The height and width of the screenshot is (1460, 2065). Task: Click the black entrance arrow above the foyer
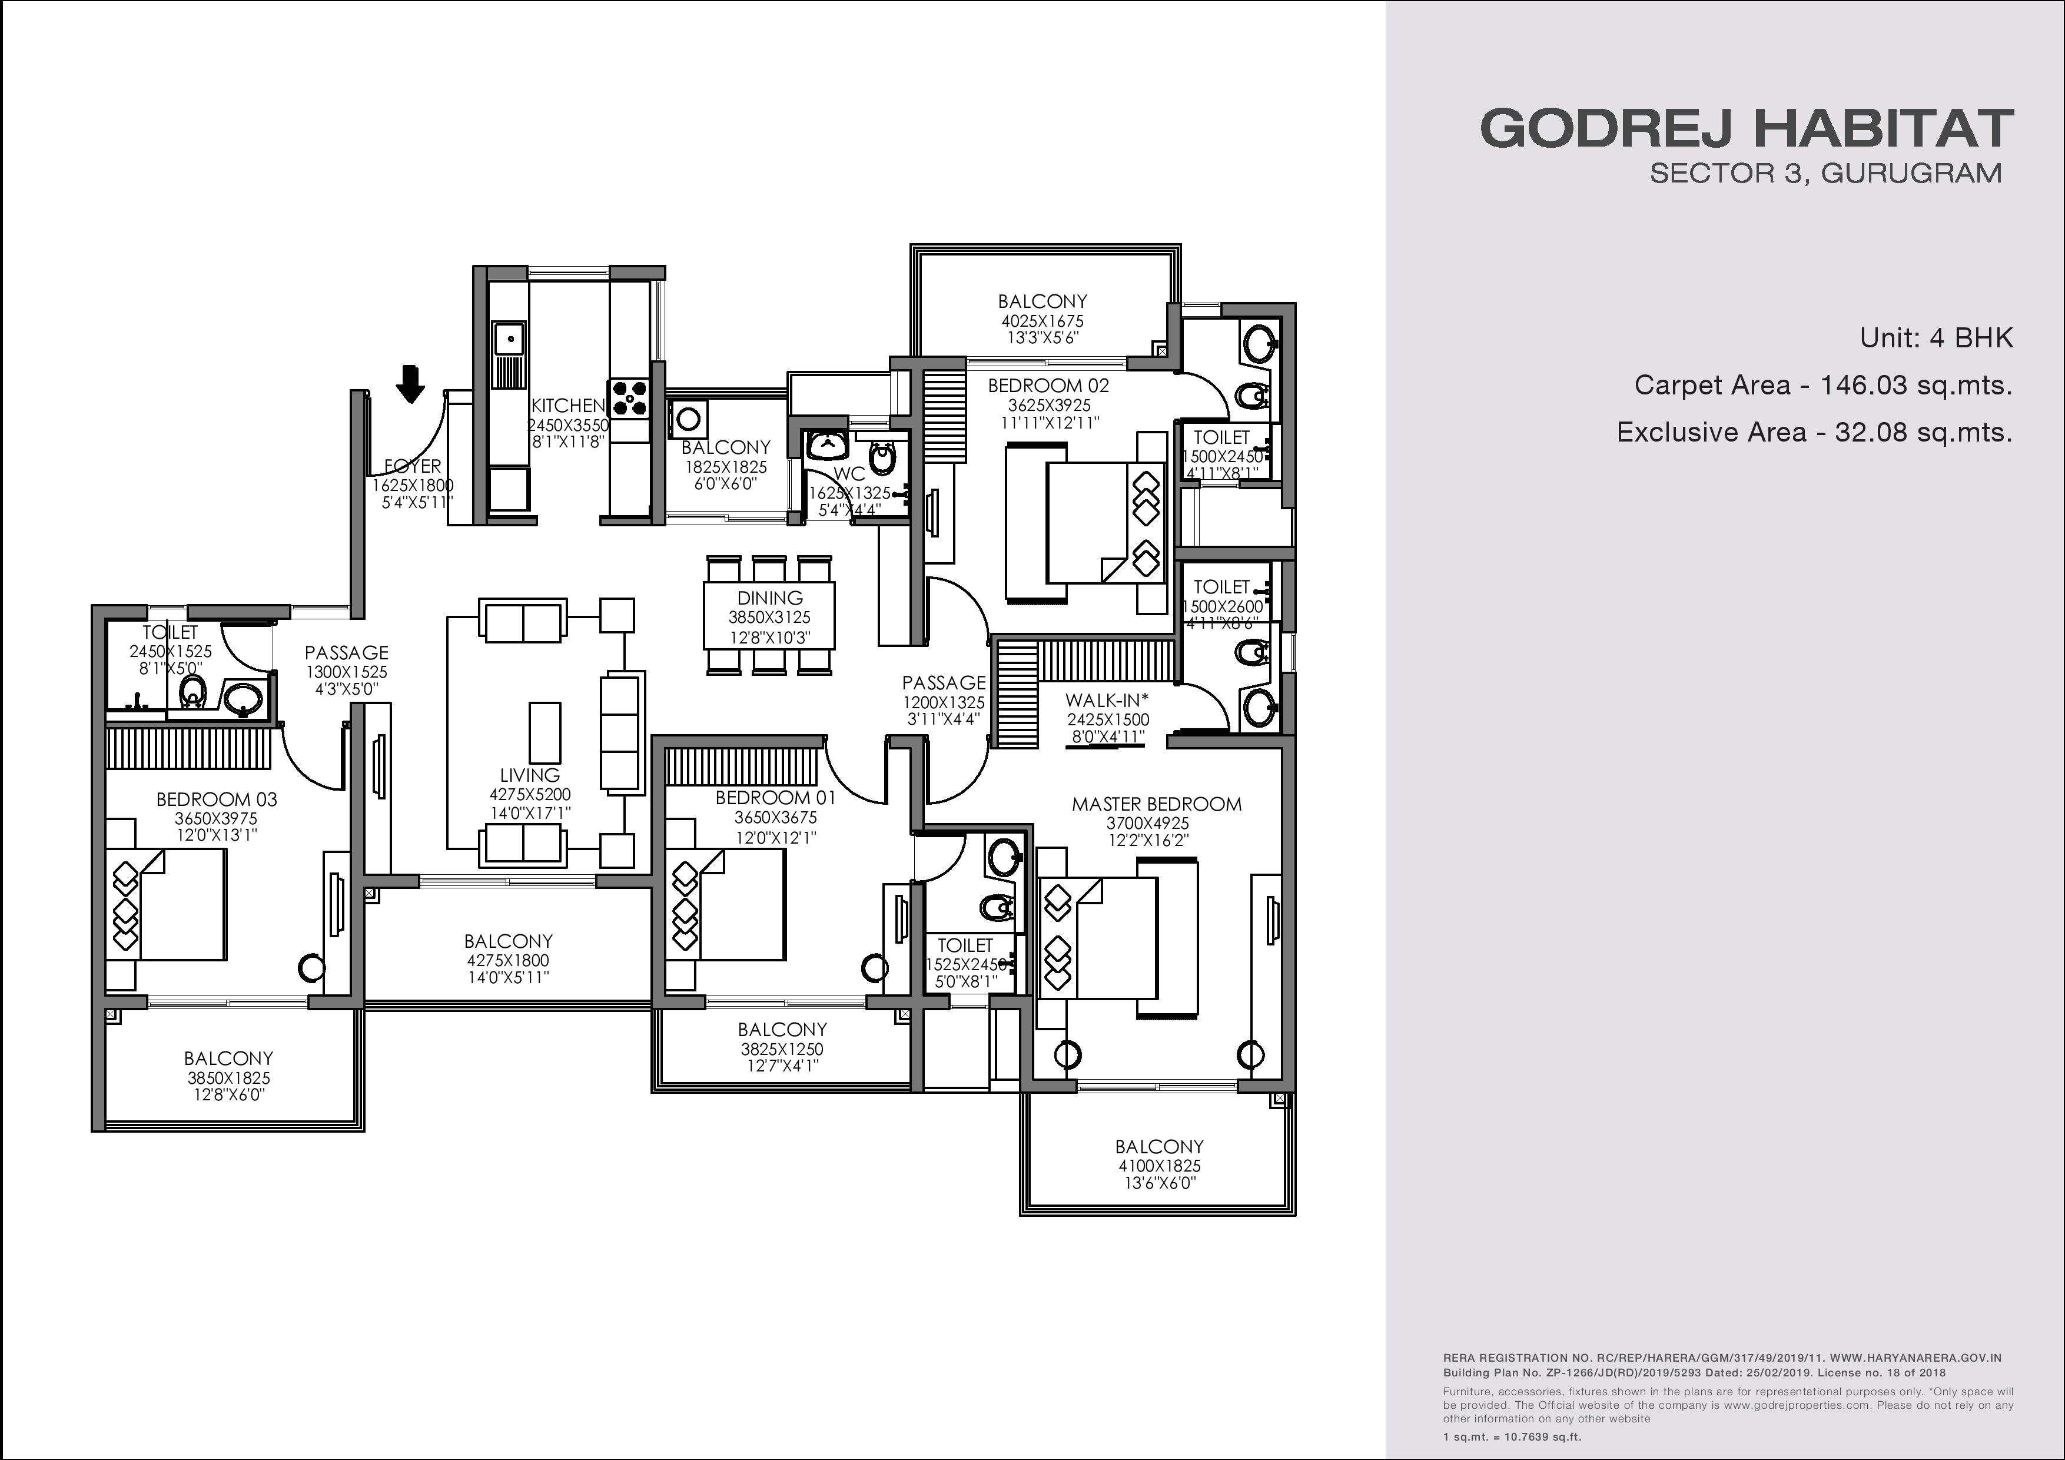tap(411, 383)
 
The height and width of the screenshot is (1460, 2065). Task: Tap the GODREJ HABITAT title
tap(1747, 129)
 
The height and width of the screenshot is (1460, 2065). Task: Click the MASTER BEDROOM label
tap(1157, 804)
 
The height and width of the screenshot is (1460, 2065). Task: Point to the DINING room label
tap(770, 598)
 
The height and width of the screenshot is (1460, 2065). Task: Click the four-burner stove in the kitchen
tap(630, 397)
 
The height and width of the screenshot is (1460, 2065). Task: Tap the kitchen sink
tap(510, 339)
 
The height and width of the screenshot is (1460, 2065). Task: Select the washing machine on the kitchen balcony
tap(689, 419)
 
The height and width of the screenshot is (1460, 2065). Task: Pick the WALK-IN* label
tap(1107, 700)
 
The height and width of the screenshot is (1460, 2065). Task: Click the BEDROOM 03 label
tap(217, 799)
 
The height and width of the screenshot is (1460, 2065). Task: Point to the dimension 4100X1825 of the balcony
tap(1159, 1166)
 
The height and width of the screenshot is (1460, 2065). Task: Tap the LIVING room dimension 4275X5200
tap(530, 794)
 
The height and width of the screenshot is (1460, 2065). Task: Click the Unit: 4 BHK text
tap(1937, 339)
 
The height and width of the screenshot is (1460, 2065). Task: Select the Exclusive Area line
tap(1814, 433)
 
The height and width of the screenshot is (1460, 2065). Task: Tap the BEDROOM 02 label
tap(1049, 386)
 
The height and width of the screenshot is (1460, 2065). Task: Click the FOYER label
tap(413, 466)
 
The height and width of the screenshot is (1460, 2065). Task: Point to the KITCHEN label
tap(567, 406)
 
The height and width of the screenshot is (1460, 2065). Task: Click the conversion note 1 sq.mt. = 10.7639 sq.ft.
tap(1512, 1436)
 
